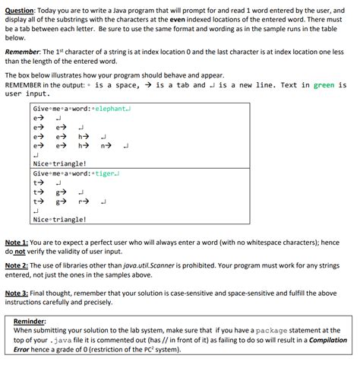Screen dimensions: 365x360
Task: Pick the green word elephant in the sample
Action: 108,108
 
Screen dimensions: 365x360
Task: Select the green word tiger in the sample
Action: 103,173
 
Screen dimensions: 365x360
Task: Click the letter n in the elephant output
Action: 103,144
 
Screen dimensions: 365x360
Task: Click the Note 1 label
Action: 18,241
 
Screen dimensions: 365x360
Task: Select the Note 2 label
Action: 18,265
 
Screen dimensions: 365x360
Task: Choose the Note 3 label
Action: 18,292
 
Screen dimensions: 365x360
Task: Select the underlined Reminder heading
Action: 30,321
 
